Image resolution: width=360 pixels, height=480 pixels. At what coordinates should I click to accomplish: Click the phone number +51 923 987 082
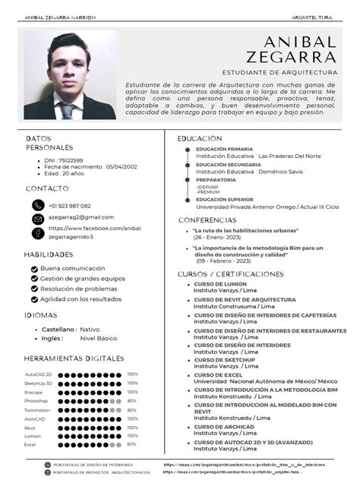point(69,206)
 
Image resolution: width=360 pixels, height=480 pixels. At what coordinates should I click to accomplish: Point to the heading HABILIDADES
point(49,254)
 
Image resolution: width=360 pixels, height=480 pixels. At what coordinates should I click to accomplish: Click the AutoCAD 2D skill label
point(38,374)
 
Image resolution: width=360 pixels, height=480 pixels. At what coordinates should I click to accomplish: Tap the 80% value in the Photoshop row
point(131,400)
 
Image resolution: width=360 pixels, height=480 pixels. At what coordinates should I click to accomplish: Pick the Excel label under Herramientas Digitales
point(30,444)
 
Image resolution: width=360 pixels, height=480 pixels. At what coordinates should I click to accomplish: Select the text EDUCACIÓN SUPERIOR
point(225,199)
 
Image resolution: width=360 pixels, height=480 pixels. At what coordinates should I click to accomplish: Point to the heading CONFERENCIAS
point(207,219)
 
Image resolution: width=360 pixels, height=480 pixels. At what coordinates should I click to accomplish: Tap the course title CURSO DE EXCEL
point(218,374)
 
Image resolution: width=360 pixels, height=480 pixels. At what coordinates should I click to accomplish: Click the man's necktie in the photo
point(68,110)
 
